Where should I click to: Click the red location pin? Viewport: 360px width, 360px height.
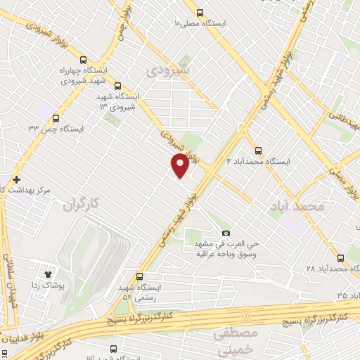180,165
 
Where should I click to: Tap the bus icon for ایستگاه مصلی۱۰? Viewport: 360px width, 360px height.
200,13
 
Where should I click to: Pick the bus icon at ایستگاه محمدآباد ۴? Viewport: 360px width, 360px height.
258,150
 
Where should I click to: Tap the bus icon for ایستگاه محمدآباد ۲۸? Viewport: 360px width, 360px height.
341,257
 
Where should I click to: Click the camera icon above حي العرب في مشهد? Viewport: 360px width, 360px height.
225,233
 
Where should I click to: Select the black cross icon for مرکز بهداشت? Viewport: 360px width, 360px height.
16,179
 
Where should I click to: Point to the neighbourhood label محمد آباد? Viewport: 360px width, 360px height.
297,206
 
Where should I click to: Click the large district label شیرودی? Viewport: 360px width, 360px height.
168,70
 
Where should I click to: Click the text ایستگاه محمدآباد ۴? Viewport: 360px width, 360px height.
258,161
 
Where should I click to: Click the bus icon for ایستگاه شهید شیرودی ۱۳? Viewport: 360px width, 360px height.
117,84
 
